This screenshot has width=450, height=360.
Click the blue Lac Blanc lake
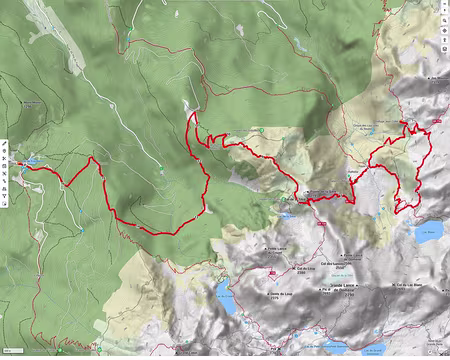point(428,233)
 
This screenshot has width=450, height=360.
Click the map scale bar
point(12,352)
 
